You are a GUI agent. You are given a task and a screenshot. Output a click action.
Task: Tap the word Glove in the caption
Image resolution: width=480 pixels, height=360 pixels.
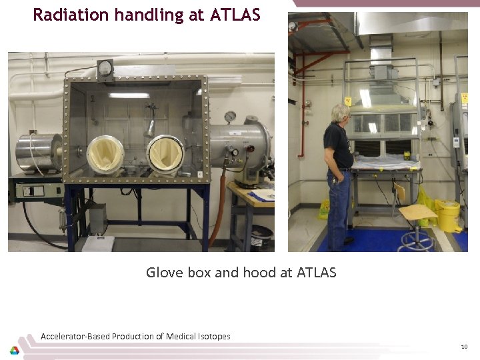pos(163,272)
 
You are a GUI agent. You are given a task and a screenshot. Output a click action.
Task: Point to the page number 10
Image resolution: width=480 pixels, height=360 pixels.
pos(464,347)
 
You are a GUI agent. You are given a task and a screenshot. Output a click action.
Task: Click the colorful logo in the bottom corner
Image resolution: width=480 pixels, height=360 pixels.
pos(14,350)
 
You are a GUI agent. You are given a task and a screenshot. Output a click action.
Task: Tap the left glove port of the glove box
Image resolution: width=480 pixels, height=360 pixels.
pos(105,155)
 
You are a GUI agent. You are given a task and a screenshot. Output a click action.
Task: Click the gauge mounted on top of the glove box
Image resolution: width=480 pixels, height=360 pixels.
pos(105,67)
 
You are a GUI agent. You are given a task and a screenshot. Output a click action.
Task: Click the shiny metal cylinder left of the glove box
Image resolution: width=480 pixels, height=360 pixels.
pos(39,153)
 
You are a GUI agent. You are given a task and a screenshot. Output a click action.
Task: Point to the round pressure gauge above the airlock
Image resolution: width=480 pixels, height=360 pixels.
pos(230,117)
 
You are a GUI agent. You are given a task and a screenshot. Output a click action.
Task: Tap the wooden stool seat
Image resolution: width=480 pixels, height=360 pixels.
pos(418,212)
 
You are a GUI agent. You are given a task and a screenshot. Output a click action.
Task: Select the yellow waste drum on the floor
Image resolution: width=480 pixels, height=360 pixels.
pos(449,217)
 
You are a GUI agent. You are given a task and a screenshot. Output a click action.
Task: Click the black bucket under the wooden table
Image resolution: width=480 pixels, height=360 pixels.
pos(261,236)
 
